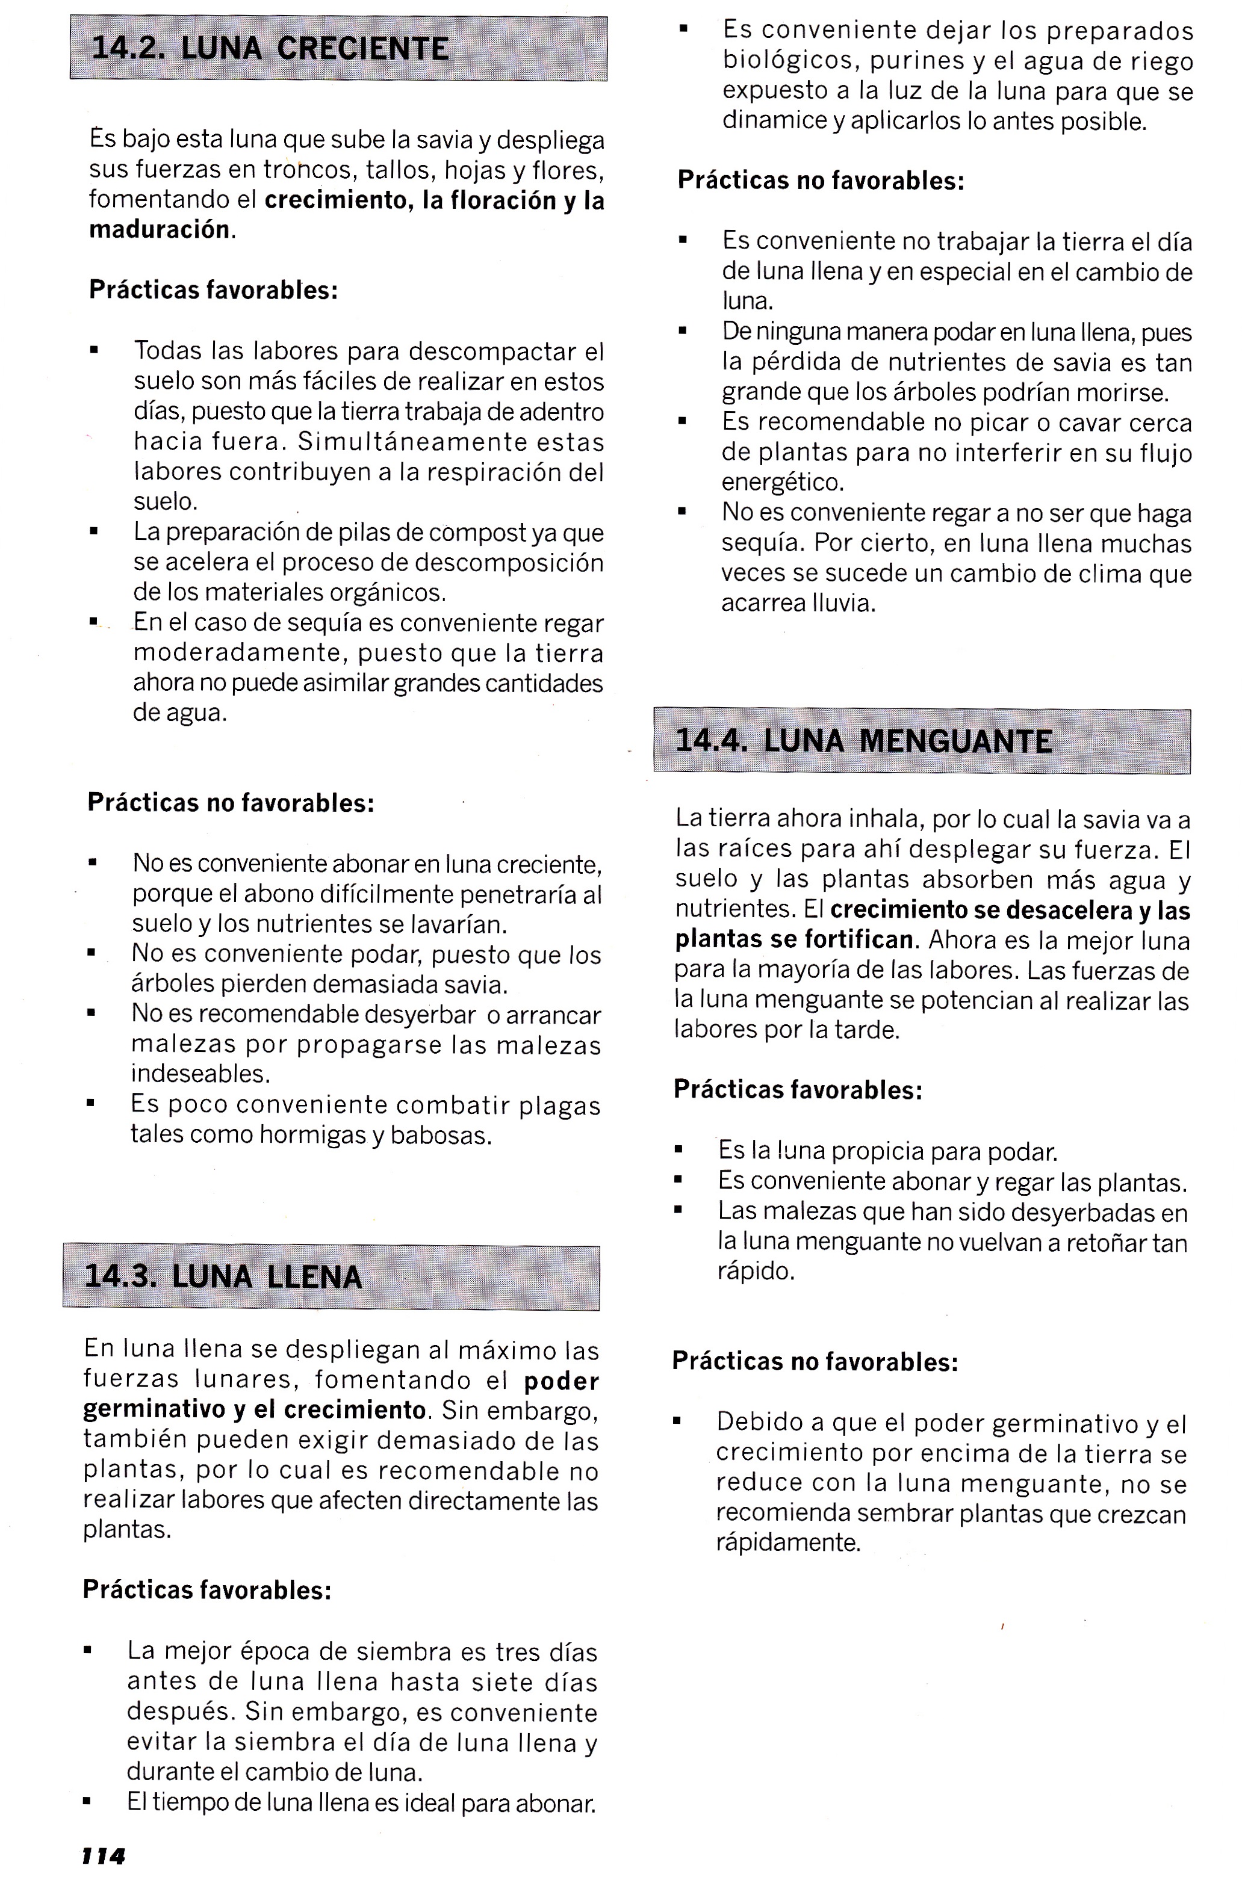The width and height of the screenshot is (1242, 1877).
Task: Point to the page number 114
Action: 104,1855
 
